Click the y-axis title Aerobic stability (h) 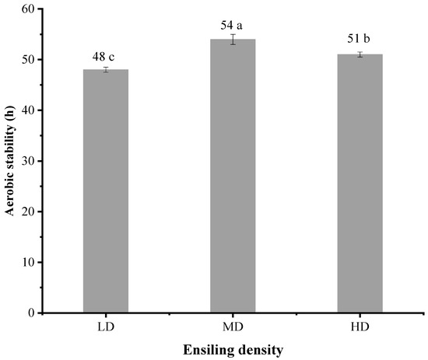pyautogui.click(x=10, y=161)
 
